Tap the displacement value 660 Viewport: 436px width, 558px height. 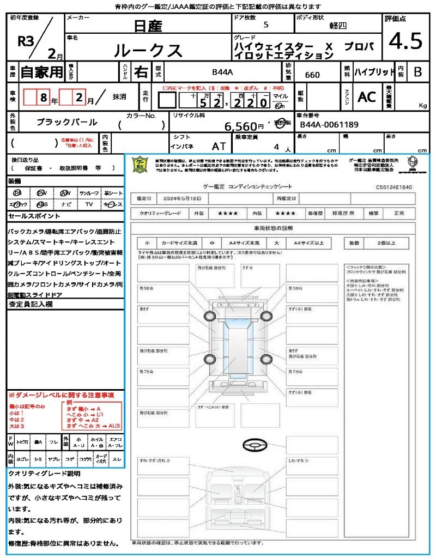312,75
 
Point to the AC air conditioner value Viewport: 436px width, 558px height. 367,97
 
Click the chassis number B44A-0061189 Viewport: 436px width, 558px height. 329,125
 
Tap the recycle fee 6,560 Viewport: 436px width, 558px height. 241,126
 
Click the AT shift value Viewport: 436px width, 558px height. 219,147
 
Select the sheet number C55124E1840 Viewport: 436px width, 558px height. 393,187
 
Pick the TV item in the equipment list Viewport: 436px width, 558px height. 88,204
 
